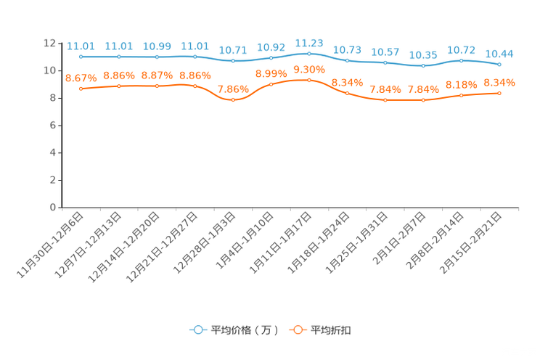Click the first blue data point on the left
[x=81, y=56]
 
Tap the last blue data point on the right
[x=499, y=64]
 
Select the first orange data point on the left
[x=81, y=88]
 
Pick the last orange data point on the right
[x=499, y=93]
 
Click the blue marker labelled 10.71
[x=233, y=61]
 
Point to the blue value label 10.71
[x=233, y=50]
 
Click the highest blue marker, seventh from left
[x=309, y=53]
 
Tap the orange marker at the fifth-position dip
[x=233, y=100]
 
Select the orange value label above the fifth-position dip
[x=233, y=89]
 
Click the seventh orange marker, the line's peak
[x=309, y=79]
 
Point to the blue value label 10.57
[x=385, y=52]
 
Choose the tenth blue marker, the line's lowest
[x=423, y=66]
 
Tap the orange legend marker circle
[x=297, y=330]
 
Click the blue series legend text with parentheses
[x=244, y=330]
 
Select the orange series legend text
[x=332, y=330]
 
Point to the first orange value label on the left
[x=81, y=77]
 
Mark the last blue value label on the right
[x=499, y=53]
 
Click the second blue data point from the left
[x=119, y=56]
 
